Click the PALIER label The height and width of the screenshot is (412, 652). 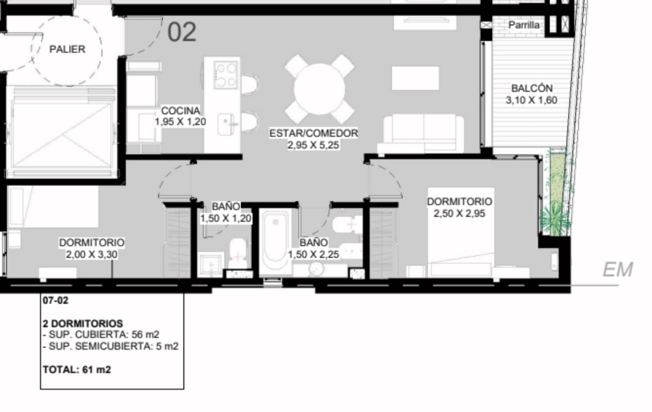point(67,49)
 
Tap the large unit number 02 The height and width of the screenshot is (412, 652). point(182,32)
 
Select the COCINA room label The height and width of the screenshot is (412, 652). point(181,111)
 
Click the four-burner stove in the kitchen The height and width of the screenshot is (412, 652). point(226,75)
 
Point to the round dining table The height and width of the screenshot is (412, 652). point(319,89)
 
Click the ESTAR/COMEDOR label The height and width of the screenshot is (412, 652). point(313,133)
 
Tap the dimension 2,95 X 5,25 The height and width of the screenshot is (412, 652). point(313,145)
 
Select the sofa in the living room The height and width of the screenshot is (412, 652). point(421,133)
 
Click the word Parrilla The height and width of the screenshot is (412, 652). point(524,25)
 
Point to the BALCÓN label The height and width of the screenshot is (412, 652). point(532,88)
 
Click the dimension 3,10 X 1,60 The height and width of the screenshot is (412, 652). point(531,100)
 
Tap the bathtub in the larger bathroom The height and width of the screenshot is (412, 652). point(275,241)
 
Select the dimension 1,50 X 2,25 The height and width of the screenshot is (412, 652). point(313,254)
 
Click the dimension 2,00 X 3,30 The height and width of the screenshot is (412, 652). point(92,254)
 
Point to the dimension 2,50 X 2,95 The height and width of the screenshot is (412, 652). point(459,213)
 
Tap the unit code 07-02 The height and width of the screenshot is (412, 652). point(55,300)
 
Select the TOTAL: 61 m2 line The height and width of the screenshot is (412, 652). point(77,370)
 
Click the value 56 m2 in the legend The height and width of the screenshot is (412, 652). point(145,334)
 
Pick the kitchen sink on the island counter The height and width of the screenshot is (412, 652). point(226,124)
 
